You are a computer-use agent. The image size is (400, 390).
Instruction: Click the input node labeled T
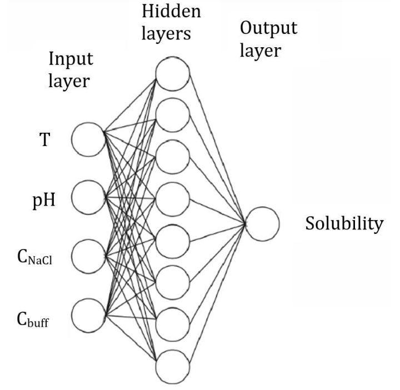pyautogui.click(x=88, y=139)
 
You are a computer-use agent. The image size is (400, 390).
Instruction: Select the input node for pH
pyautogui.click(x=88, y=197)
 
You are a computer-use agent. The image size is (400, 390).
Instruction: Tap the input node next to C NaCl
pyautogui.click(x=88, y=256)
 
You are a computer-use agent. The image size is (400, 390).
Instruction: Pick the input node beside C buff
pyautogui.click(x=88, y=315)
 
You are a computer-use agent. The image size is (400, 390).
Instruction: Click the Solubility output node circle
pyautogui.click(x=262, y=224)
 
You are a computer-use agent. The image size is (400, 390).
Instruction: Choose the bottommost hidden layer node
pyautogui.click(x=173, y=367)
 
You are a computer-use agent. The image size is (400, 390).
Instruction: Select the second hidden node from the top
pyautogui.click(x=173, y=116)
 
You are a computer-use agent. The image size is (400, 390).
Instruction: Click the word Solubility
pyautogui.click(x=344, y=224)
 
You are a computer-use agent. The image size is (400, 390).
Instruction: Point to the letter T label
pyautogui.click(x=44, y=139)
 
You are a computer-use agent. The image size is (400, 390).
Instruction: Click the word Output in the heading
pyautogui.click(x=268, y=29)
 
